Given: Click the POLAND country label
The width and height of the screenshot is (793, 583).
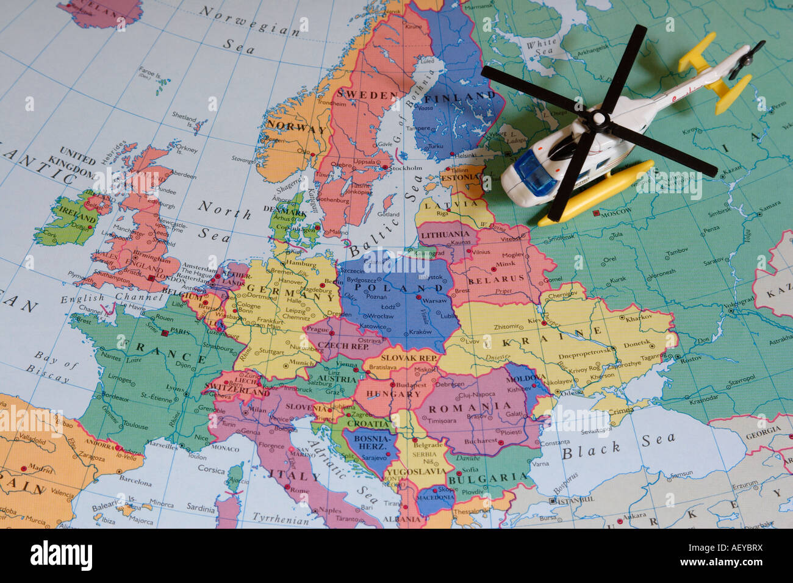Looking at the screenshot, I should (395, 287).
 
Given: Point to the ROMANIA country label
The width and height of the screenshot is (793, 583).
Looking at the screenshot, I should (470, 407).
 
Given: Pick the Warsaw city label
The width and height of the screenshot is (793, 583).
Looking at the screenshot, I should (434, 301).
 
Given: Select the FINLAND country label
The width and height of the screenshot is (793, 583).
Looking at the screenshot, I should (460, 96).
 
